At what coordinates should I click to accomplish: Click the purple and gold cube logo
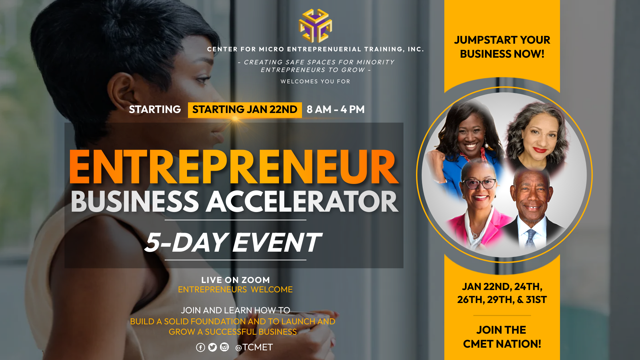315,26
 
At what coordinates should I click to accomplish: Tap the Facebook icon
200,347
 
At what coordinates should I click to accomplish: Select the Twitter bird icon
212,347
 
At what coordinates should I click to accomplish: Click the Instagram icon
224,347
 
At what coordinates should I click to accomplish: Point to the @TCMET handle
254,347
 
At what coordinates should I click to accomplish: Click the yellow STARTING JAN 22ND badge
245,110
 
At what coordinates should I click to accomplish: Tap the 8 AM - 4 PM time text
336,109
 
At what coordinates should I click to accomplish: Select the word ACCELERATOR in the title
302,202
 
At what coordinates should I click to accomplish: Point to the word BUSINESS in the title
135,202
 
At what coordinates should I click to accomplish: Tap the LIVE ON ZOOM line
235,280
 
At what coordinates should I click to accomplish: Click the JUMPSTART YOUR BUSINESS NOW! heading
502,47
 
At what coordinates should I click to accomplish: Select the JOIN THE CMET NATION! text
502,337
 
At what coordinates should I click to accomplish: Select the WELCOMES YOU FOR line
315,82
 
